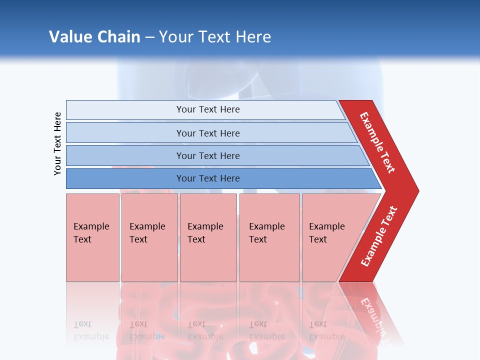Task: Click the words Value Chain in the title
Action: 94,36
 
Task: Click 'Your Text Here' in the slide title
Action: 215,36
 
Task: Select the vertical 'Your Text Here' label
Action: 57,143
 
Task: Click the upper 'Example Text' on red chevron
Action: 377,142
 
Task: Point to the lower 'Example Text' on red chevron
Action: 378,236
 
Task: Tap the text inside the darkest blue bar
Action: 208,178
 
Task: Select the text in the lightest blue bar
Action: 208,109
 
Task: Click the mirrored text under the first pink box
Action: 91,330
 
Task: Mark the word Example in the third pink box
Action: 205,226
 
